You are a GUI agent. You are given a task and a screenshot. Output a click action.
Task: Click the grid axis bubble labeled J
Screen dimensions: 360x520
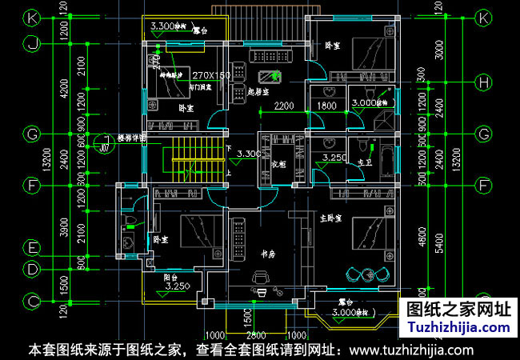tap(32, 44)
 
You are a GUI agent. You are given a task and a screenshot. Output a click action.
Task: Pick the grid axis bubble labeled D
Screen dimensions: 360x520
tap(32, 270)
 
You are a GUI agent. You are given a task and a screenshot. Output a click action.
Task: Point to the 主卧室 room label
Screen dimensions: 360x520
tap(330, 218)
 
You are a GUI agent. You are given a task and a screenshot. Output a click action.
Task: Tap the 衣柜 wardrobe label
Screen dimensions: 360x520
tap(280, 163)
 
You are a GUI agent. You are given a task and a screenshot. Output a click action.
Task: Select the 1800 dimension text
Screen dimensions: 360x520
tap(326, 106)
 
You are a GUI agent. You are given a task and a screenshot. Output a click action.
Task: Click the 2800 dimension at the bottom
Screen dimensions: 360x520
tap(257, 335)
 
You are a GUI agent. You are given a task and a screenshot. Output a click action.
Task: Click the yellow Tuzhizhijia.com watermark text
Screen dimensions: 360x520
tap(458, 328)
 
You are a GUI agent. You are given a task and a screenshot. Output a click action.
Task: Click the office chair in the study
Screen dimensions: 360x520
tap(261, 278)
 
